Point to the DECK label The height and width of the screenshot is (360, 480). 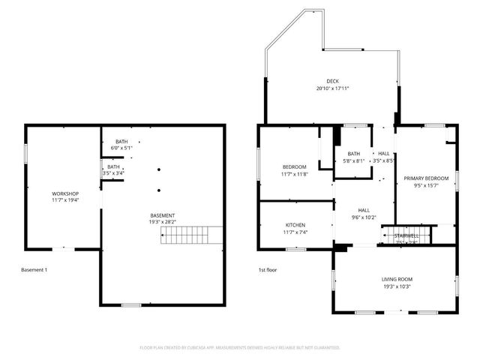tap(332, 81)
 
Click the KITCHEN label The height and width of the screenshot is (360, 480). tap(295, 225)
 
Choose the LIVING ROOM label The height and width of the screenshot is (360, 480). tap(397, 279)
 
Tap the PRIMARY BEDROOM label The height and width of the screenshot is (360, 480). tap(426, 178)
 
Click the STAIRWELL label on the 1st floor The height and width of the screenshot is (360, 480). tap(406, 235)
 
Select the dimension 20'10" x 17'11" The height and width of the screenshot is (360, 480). tap(332, 88)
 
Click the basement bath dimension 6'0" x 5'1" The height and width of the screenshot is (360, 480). tap(121, 148)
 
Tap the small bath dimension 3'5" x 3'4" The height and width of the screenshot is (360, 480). tap(113, 173)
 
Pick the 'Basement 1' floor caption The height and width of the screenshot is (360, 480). tap(34, 269)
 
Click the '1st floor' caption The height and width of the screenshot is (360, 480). tap(268, 269)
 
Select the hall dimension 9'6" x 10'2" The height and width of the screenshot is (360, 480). tap(364, 218)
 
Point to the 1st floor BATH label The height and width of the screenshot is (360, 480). tap(353, 154)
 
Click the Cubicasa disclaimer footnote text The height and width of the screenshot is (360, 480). tap(240, 348)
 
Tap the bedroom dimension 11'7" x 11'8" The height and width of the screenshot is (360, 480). tap(294, 174)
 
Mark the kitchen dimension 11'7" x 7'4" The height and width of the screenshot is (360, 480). tap(295, 232)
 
